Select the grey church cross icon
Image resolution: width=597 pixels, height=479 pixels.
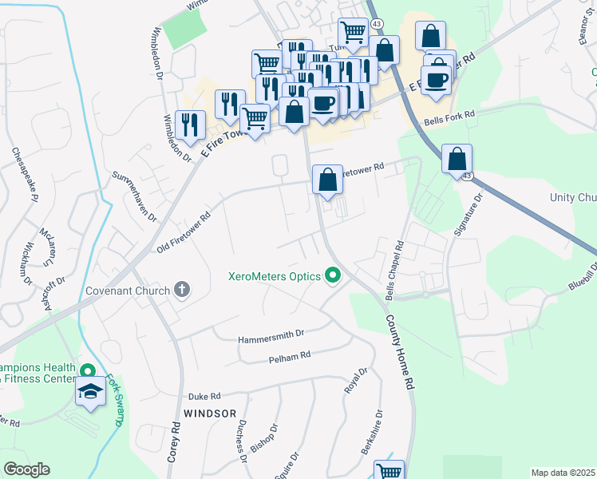click(x=182, y=290)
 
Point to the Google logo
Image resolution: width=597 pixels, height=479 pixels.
click(x=26, y=469)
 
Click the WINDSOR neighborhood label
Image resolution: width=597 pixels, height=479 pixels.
click(x=210, y=414)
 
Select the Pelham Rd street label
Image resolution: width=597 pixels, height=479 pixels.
click(x=289, y=360)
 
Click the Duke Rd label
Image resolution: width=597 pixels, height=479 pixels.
click(x=204, y=396)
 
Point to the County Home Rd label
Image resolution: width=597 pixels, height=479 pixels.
click(x=400, y=352)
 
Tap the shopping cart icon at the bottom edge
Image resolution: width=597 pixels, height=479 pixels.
click(x=389, y=472)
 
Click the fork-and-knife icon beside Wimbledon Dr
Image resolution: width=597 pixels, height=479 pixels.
click(x=190, y=124)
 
